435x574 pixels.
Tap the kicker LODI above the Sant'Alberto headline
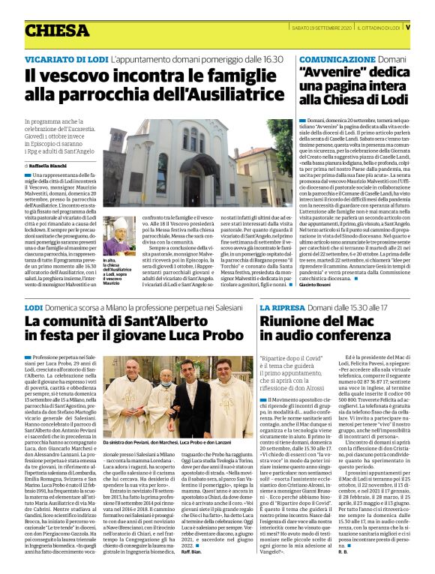coord(34,308)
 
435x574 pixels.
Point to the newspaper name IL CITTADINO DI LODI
coord(380,28)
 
